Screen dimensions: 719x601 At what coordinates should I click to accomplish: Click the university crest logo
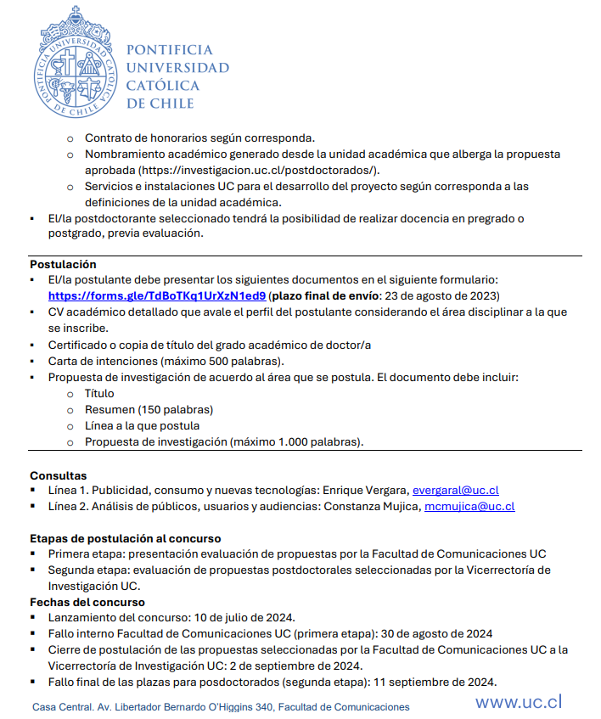click(73, 62)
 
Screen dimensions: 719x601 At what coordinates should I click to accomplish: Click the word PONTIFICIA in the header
click(169, 50)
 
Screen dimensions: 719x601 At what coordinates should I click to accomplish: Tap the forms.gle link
click(157, 296)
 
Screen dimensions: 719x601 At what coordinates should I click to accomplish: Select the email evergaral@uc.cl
click(455, 490)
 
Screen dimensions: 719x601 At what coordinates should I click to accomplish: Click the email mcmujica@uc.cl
click(469, 506)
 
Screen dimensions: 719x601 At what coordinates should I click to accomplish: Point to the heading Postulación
click(63, 264)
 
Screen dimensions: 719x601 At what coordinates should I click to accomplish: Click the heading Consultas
click(58, 475)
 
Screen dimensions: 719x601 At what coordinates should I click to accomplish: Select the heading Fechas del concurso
click(87, 602)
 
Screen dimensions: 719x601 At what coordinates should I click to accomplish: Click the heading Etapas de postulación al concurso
click(126, 538)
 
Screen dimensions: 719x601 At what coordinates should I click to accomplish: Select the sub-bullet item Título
click(99, 393)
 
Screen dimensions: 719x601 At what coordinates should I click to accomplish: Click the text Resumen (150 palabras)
click(149, 409)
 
